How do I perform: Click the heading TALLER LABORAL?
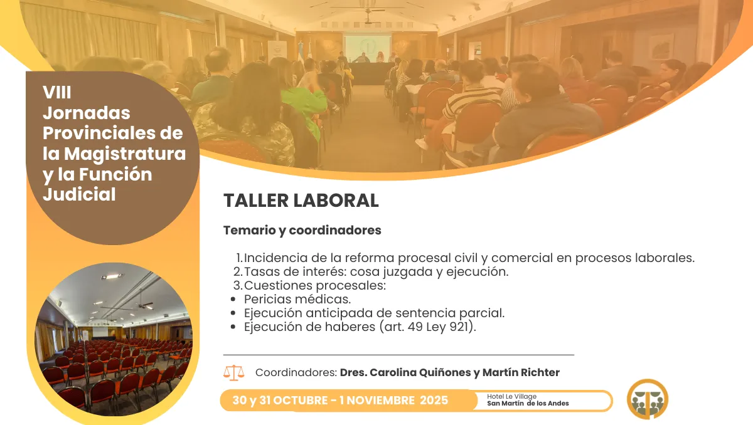pyautogui.click(x=301, y=201)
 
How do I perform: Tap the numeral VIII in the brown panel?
pyautogui.click(x=57, y=93)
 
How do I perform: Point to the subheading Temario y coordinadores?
pyautogui.click(x=302, y=230)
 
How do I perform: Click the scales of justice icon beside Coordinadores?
pyautogui.click(x=234, y=372)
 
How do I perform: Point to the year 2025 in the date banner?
pyautogui.click(x=434, y=400)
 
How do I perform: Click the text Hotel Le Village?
pyautogui.click(x=511, y=396)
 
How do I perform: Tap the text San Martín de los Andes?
pyautogui.click(x=528, y=403)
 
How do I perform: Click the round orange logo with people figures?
pyautogui.click(x=647, y=399)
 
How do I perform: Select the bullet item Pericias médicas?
pyautogui.click(x=297, y=299)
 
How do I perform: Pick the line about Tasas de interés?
pyautogui.click(x=375, y=272)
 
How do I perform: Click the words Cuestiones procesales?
pyautogui.click(x=314, y=285)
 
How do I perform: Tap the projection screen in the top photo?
pyautogui.click(x=368, y=48)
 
